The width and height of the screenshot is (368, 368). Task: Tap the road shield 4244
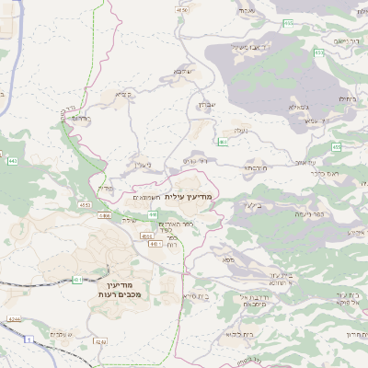(x=14, y=318)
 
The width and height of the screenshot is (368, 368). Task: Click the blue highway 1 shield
(x=29, y=339)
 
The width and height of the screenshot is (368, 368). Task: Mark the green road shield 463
(x=224, y=142)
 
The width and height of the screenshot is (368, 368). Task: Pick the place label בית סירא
(x=195, y=296)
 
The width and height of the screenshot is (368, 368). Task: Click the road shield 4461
(x=156, y=245)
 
